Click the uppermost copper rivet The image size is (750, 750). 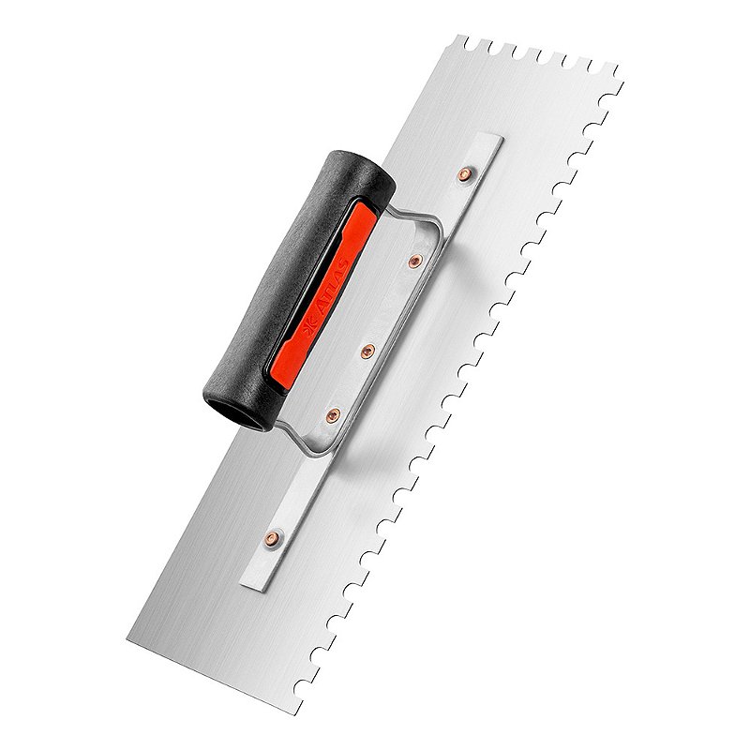(464, 174)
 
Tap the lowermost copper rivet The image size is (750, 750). (273, 538)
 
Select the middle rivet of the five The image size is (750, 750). (367, 352)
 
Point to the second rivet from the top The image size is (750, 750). (415, 261)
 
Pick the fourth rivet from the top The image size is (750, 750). (334, 415)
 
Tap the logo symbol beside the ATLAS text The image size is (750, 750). (307, 331)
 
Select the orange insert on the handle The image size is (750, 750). (320, 294)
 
